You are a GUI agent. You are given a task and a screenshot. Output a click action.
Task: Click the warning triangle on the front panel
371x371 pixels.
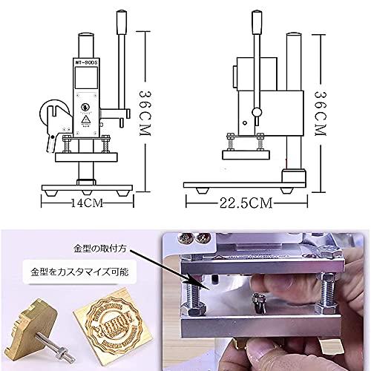(85, 118)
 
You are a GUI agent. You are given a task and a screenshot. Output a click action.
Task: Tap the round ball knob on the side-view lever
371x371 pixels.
(256, 112)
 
